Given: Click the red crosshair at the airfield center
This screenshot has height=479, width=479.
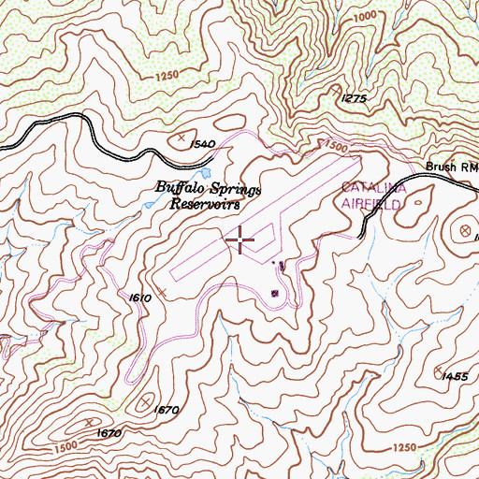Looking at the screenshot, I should (x=240, y=240).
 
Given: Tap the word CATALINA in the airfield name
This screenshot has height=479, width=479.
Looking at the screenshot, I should (x=369, y=186).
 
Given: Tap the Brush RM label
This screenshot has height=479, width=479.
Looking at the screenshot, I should (x=451, y=167).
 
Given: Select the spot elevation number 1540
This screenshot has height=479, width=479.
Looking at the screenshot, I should (x=201, y=144).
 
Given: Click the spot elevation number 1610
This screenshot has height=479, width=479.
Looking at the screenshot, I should (x=139, y=297).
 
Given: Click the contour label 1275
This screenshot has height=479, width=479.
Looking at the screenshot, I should (x=354, y=98).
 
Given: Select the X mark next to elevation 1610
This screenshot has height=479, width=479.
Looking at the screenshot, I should (x=162, y=293).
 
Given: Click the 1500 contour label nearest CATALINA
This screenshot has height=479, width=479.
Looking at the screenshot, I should (x=333, y=147).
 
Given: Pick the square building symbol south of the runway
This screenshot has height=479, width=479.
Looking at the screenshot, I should (x=274, y=293).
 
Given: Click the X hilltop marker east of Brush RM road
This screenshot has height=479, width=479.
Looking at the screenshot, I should (x=464, y=230).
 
